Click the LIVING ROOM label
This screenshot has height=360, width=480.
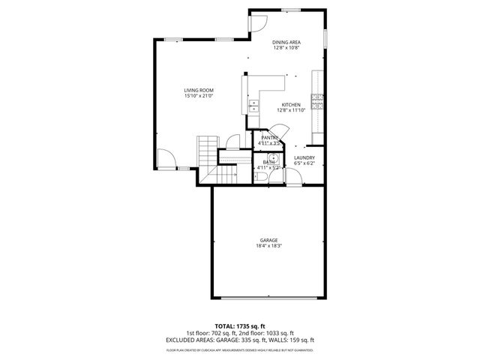pos(199,90)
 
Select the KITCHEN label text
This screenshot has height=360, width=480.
pos(290,104)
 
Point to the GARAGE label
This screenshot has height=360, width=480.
pos(268,240)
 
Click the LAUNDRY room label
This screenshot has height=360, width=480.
pos(304,157)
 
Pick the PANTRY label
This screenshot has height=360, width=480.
pos(269,137)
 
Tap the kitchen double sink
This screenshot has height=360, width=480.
pos(253,106)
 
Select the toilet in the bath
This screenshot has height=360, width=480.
pos(256,178)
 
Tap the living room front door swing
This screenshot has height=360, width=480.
pos(166,160)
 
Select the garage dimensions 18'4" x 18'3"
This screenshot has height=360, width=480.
pos(268,246)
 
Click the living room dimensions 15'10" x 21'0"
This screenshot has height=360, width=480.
pos(199,96)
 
